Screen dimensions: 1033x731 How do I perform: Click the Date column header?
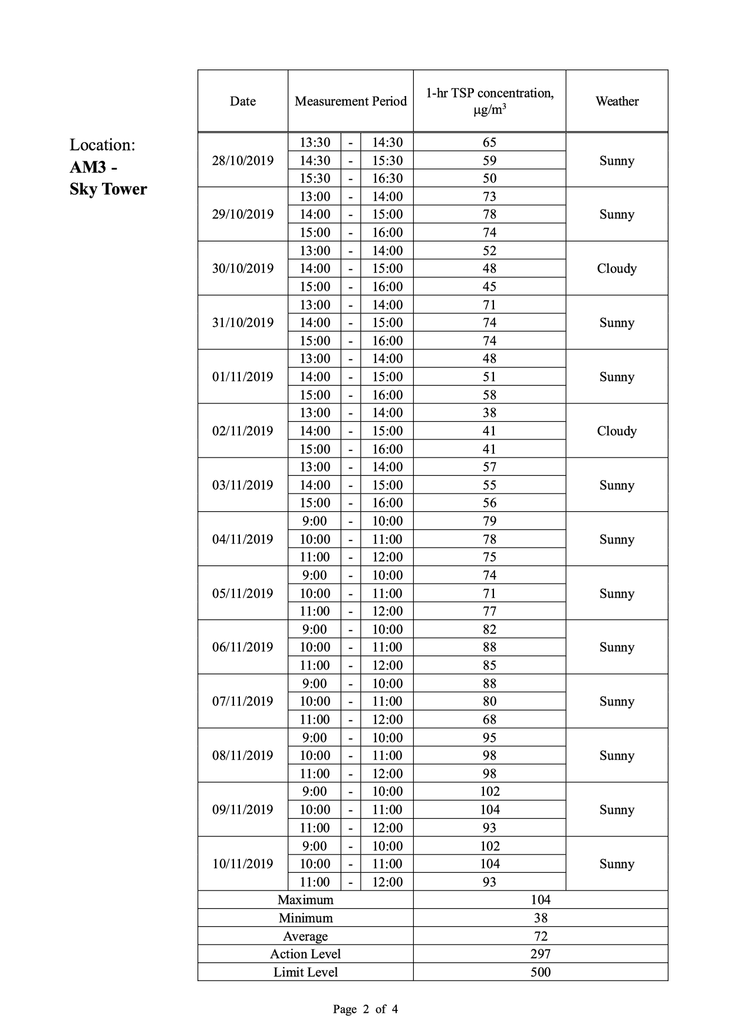point(242,101)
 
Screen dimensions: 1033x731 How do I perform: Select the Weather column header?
point(617,101)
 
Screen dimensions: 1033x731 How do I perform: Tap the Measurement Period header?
point(351,101)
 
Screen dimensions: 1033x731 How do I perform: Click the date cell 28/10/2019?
point(242,161)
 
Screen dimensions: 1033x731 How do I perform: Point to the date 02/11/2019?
point(242,431)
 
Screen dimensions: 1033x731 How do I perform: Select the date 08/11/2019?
point(242,756)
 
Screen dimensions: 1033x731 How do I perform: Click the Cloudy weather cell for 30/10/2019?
point(617,269)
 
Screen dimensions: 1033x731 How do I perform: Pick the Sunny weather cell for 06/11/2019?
point(617,647)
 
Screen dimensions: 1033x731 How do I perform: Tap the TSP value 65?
point(489,143)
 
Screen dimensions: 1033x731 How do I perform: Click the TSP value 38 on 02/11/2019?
point(489,413)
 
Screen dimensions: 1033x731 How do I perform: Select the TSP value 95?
point(489,738)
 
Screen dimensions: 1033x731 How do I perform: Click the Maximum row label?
point(305,900)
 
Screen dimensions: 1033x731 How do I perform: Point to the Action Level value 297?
point(540,954)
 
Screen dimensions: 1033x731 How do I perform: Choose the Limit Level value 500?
point(540,972)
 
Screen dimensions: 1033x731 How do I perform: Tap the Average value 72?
point(540,936)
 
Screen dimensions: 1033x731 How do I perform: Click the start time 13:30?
point(315,143)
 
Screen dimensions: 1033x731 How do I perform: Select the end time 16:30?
point(387,178)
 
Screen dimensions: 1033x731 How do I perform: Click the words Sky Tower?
point(108,190)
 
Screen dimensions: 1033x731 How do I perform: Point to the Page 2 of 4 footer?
point(365,1009)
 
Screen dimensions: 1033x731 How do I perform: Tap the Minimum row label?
point(305,918)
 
